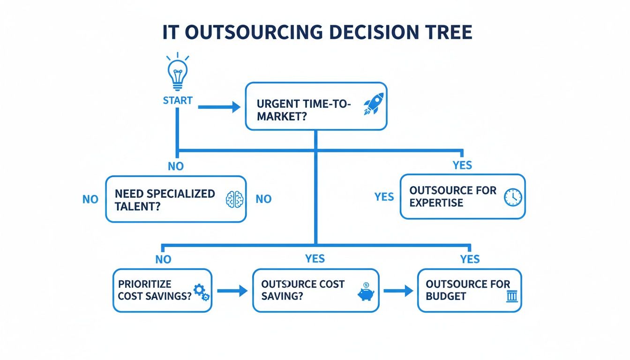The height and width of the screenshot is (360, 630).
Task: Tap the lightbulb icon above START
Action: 178,73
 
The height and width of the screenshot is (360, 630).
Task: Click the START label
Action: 178,100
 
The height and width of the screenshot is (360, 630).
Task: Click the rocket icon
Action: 373,104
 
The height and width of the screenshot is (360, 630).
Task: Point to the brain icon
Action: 235,199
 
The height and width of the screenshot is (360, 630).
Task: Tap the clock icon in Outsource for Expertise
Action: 512,197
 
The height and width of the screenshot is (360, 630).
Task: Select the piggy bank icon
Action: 366,291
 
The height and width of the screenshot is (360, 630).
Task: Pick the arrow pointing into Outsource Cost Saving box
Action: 232,291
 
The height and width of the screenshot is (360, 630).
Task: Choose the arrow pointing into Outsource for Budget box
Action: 398,291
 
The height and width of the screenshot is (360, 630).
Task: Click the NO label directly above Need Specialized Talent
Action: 176,166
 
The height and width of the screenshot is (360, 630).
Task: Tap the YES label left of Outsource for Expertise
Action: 384,197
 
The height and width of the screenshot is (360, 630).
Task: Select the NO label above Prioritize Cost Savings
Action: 163,259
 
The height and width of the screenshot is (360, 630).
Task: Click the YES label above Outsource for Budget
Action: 470,259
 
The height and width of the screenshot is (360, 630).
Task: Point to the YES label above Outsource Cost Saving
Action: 315,259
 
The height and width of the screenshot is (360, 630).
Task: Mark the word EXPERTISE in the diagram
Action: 436,202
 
